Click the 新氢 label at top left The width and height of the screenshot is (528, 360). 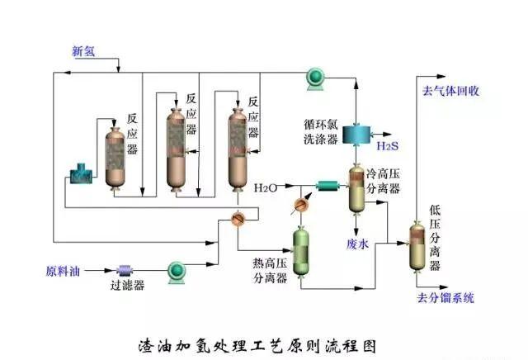click(x=83, y=51)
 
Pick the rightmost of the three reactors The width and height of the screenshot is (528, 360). click(x=239, y=149)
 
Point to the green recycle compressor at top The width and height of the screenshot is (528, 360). click(x=314, y=77)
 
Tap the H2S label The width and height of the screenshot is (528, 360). click(x=387, y=146)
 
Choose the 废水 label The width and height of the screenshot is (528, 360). click(x=356, y=244)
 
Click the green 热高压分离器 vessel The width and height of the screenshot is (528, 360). click(x=302, y=247)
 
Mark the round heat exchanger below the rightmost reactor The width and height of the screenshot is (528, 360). click(x=238, y=216)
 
